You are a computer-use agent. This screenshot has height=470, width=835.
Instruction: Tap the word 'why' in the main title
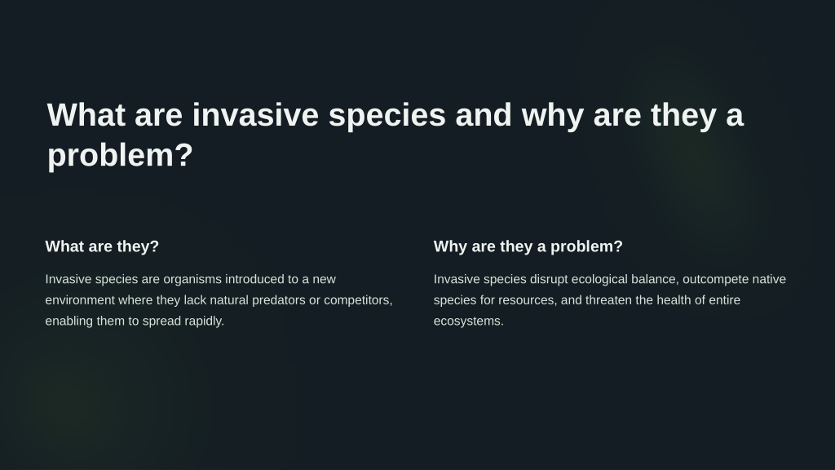553,116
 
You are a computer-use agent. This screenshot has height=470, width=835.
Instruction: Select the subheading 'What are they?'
102,246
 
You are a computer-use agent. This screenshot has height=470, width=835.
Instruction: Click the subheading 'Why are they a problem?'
528,246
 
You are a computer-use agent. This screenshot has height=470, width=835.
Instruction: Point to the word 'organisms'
192,280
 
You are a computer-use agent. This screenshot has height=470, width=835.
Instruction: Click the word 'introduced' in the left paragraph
254,279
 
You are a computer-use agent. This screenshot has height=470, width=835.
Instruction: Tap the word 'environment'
80,300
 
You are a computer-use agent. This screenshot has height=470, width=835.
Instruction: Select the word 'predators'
279,300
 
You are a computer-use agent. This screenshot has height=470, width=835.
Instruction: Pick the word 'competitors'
358,300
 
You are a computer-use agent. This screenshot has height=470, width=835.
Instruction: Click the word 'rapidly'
204,321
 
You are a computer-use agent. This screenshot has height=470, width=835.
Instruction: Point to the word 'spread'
161,321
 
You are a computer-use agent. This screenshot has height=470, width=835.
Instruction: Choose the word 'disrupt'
549,280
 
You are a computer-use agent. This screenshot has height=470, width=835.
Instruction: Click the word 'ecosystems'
469,321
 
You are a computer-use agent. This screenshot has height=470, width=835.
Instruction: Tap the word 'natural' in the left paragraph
229,300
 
